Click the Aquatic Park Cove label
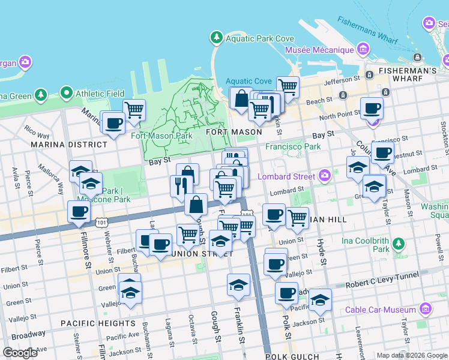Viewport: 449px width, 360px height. point(259,38)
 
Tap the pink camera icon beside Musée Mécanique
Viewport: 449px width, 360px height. point(363,49)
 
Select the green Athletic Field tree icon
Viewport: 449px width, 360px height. point(66,94)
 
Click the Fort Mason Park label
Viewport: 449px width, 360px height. point(161,136)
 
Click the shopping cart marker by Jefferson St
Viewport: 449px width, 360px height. point(288,87)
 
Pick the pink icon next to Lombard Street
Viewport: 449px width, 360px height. point(325,176)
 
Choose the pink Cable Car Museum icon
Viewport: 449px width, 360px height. point(425,310)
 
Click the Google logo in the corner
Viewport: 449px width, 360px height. point(20,353)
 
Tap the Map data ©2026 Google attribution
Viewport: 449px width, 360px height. point(411,355)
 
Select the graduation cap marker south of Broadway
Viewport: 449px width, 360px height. point(321,300)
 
